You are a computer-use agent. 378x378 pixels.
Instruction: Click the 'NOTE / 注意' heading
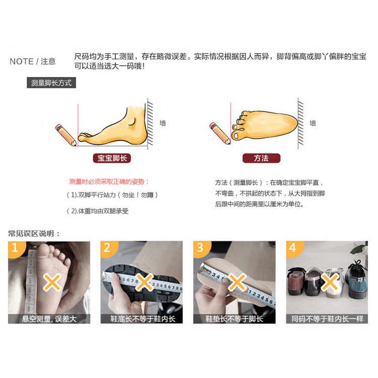(33, 61)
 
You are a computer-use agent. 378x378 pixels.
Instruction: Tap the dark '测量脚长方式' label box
(51, 83)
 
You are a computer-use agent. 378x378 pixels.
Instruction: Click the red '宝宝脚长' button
(111, 158)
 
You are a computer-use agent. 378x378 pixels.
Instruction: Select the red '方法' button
(261, 158)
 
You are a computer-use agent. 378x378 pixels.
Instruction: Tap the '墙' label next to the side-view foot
(163, 123)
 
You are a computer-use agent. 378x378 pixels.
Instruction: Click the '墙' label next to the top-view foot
(313, 123)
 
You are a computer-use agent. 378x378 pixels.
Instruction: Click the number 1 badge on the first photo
(15, 247)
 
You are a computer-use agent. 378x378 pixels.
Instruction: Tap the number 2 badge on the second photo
(107, 247)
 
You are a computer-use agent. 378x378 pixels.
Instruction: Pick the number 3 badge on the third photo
(200, 247)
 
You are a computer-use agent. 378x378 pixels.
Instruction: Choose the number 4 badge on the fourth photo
(293, 247)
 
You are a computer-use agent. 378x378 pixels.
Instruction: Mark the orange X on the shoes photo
(329, 283)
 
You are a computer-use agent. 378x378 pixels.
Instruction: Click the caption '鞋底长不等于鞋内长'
(143, 319)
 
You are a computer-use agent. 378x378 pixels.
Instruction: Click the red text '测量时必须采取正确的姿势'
(109, 181)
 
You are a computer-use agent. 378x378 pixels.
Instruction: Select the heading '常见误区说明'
(34, 233)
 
